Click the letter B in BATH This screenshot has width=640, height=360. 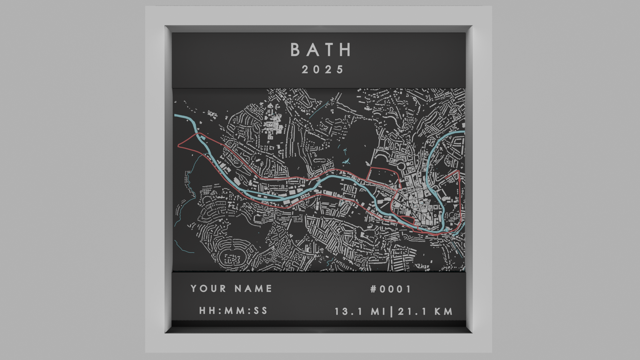pyautogui.click(x=296, y=50)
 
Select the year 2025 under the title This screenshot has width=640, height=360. pyautogui.click(x=322, y=70)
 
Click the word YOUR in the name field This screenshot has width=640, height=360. pyautogui.click(x=208, y=288)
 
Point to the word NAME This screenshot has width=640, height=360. pyautogui.click(x=253, y=288)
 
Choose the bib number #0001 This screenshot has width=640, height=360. pyautogui.click(x=391, y=289)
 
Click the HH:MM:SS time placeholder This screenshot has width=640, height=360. pyautogui.click(x=233, y=311)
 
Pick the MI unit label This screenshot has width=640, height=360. pyautogui.click(x=378, y=312)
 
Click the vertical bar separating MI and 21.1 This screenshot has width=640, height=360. pyautogui.click(x=391, y=312)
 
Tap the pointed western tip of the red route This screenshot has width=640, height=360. pyautogui.click(x=179, y=145)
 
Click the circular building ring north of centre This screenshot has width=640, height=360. pyautogui.click(x=401, y=166)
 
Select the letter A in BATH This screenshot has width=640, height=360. pyautogui.click(x=312, y=50)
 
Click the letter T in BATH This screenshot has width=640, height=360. pyautogui.click(x=329, y=50)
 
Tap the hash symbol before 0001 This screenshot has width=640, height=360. pyautogui.click(x=373, y=289)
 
